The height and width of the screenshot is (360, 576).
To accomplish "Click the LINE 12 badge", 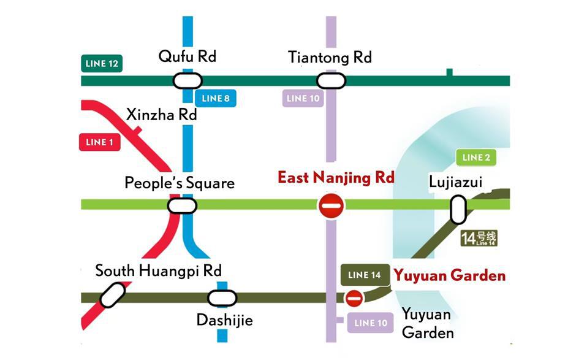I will pyautogui.click(x=102, y=64).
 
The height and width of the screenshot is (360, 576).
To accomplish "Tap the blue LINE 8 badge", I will pyautogui.click(x=215, y=98).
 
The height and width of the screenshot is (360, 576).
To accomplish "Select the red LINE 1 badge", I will pyautogui.click(x=100, y=142).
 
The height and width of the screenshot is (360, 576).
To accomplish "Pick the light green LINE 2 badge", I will pyautogui.click(x=476, y=158).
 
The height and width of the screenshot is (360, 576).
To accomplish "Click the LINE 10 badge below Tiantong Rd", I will pyautogui.click(x=303, y=98).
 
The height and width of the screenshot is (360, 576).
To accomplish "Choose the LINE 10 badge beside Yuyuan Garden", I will pyautogui.click(x=371, y=323).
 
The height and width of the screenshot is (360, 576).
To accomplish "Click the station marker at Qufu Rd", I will pyautogui.click(x=188, y=81).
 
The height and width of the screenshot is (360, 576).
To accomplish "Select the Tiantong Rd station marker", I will pyautogui.click(x=331, y=81).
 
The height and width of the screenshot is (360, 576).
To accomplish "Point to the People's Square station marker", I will pyautogui.click(x=182, y=205).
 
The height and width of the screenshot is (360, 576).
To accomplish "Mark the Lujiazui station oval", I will pyautogui.click(x=458, y=210).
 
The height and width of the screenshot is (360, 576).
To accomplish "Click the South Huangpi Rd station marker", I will pyautogui.click(x=113, y=295).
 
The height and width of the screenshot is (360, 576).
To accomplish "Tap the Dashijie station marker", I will pyautogui.click(x=222, y=299).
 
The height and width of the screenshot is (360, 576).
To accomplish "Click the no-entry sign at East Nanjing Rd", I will pyautogui.click(x=331, y=205).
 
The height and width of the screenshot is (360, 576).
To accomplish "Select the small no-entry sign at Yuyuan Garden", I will pyautogui.click(x=354, y=299).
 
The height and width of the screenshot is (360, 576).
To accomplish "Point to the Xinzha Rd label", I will pyautogui.click(x=156, y=115).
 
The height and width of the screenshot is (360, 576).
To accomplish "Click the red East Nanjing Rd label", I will pyautogui.click(x=336, y=177).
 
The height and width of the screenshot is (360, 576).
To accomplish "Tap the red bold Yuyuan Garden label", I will pyautogui.click(x=450, y=275).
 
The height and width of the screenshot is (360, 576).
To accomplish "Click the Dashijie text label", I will pyautogui.click(x=224, y=320).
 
